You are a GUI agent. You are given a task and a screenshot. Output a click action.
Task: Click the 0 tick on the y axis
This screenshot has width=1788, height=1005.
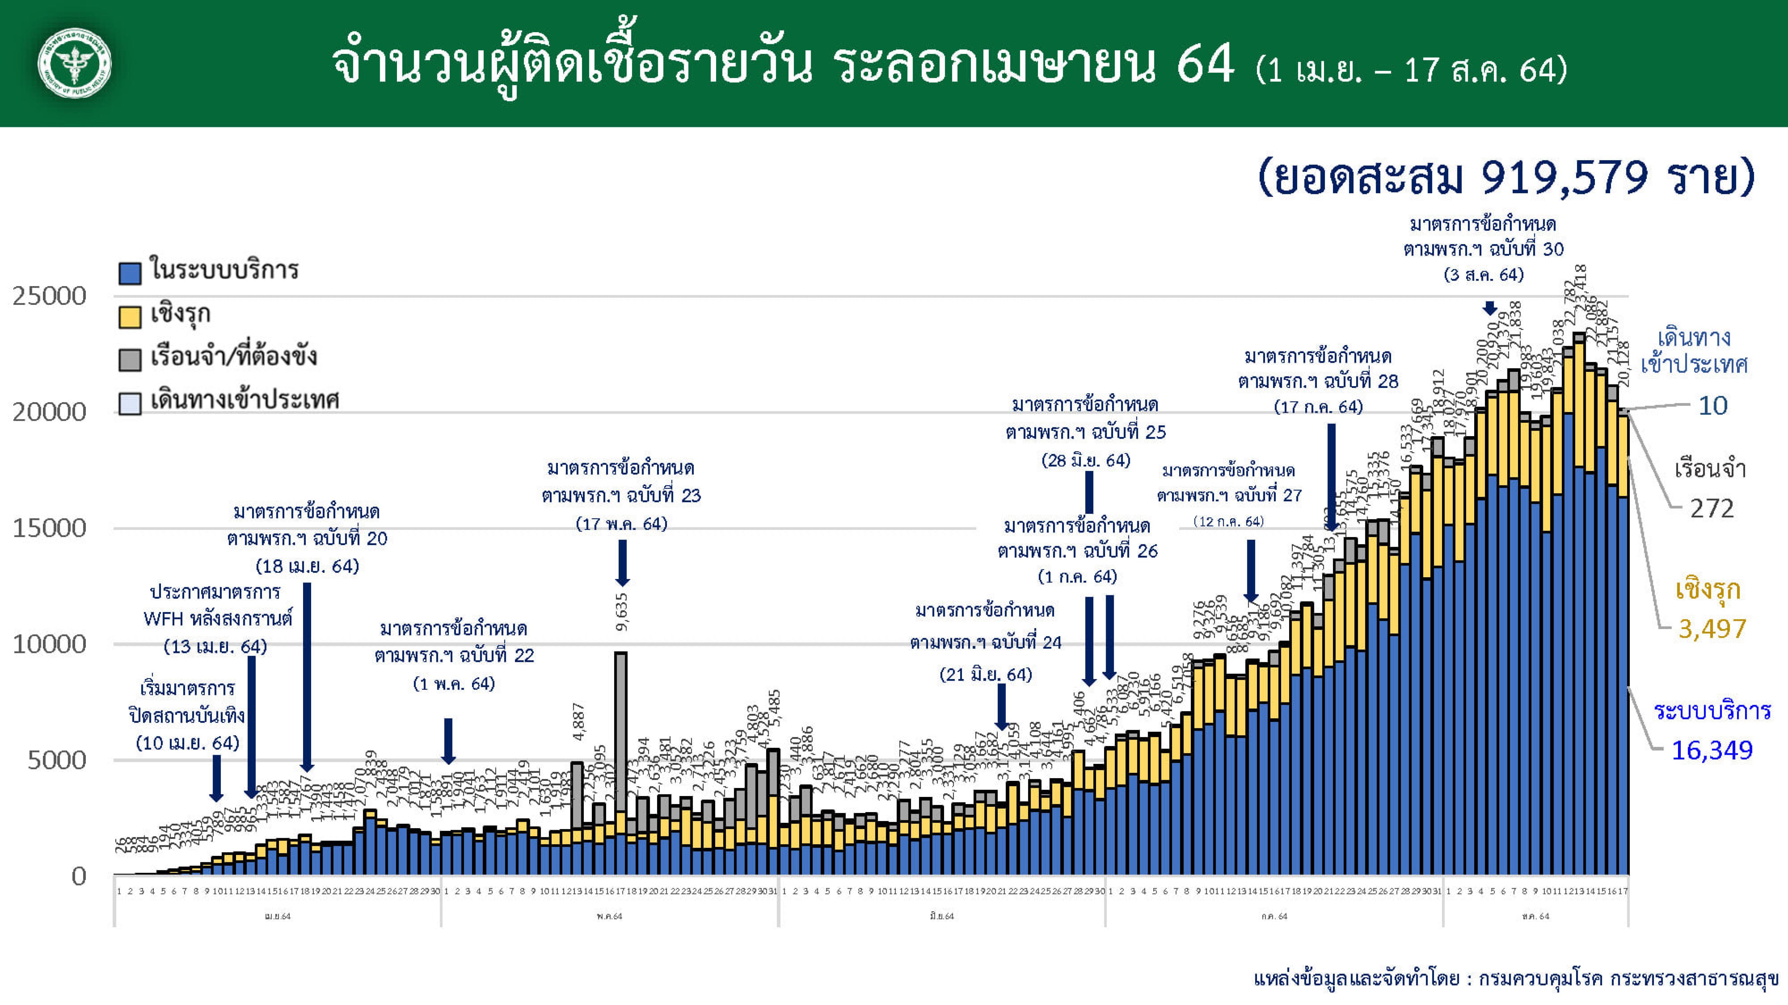(x=78, y=876)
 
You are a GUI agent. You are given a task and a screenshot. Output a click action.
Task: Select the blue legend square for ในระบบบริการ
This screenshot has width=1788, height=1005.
(x=130, y=273)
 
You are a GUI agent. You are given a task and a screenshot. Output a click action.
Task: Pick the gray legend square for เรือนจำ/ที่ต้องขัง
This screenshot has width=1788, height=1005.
(x=130, y=359)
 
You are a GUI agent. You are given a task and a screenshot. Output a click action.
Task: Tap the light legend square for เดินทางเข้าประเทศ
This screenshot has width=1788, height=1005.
(x=130, y=403)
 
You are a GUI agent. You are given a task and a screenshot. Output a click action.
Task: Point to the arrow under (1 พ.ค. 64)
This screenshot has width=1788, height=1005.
(x=448, y=741)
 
